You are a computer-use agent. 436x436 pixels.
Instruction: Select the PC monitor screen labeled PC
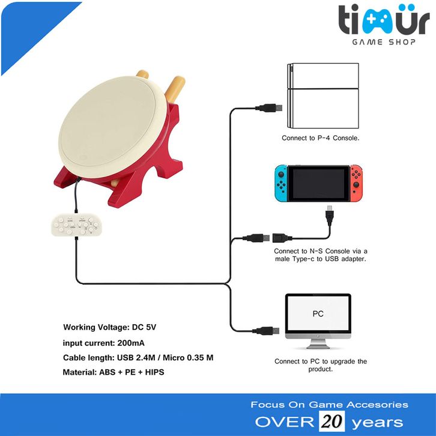318,314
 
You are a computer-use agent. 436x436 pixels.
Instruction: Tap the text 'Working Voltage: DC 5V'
112,328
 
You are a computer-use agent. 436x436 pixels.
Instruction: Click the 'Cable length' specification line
138,358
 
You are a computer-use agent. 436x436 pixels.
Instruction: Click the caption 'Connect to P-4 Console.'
321,138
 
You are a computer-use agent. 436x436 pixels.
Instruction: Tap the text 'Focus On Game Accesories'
329,404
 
